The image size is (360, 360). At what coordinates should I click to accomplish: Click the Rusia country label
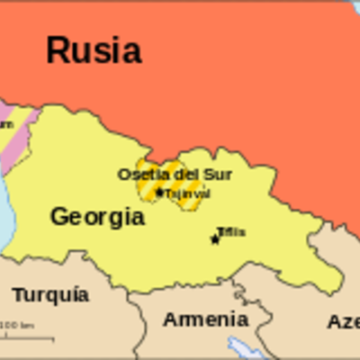(x=94, y=50)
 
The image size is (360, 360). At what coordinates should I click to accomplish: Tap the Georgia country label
(x=96, y=216)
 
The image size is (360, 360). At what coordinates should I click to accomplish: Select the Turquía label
(x=50, y=294)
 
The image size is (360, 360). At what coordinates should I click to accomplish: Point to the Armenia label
(x=205, y=319)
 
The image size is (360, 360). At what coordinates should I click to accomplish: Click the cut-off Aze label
(x=343, y=321)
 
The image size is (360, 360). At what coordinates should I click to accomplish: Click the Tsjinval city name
(x=187, y=193)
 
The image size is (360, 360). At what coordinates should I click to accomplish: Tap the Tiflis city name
(x=231, y=232)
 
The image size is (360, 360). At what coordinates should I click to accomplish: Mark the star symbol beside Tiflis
(x=214, y=238)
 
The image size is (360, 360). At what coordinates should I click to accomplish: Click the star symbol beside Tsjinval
(x=159, y=192)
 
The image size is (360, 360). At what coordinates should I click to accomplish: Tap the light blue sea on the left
(x=4, y=207)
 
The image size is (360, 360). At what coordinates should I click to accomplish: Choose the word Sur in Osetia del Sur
(x=198, y=174)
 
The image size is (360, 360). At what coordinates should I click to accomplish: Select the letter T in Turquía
(x=18, y=294)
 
